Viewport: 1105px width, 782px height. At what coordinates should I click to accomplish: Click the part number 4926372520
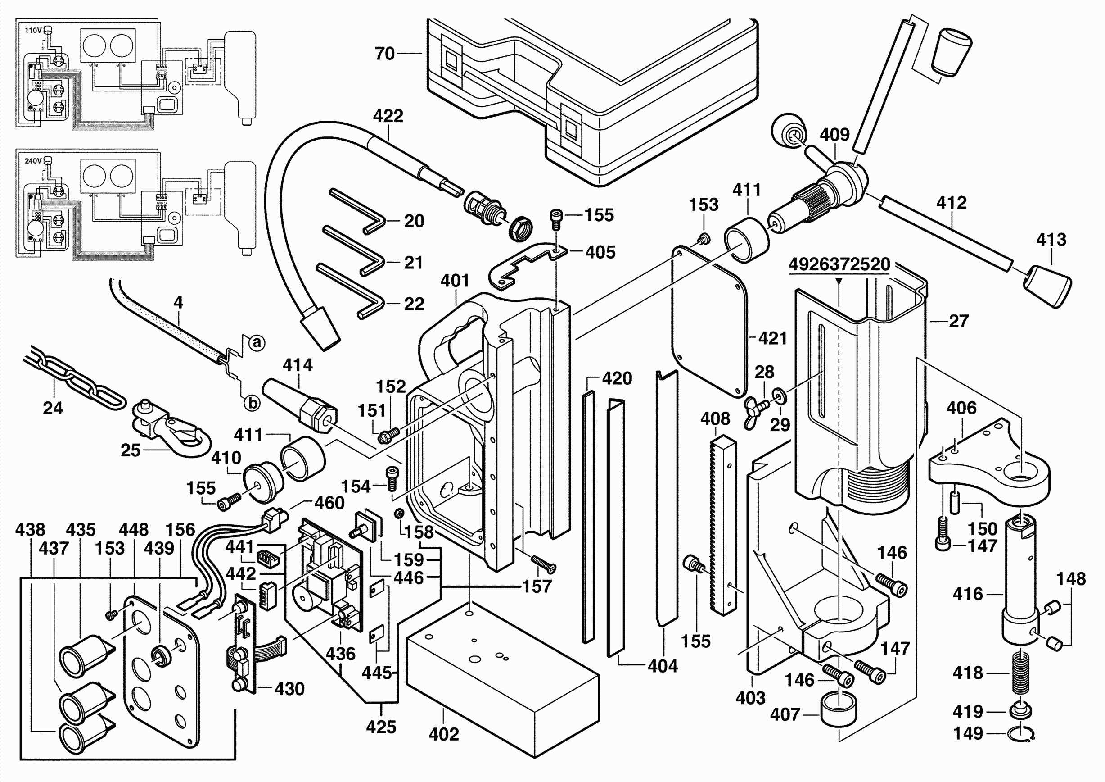(x=839, y=264)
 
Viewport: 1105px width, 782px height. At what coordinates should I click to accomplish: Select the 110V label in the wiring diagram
(x=33, y=30)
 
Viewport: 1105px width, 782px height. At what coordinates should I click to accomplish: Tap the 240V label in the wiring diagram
(x=33, y=161)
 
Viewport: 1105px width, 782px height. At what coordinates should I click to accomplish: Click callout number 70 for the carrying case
(x=384, y=54)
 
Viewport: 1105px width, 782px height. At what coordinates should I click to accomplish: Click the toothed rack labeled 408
(x=722, y=525)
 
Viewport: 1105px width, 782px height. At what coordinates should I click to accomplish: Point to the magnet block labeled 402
(x=501, y=674)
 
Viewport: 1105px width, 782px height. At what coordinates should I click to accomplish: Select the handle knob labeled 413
(x=1047, y=286)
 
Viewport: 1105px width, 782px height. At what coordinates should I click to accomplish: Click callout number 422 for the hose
(x=388, y=116)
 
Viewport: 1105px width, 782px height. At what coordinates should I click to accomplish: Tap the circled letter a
(x=257, y=343)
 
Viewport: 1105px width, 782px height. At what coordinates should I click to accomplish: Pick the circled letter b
(x=253, y=403)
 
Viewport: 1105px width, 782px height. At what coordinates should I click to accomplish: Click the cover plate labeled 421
(x=710, y=323)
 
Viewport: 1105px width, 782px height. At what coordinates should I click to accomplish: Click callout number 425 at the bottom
(x=381, y=727)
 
